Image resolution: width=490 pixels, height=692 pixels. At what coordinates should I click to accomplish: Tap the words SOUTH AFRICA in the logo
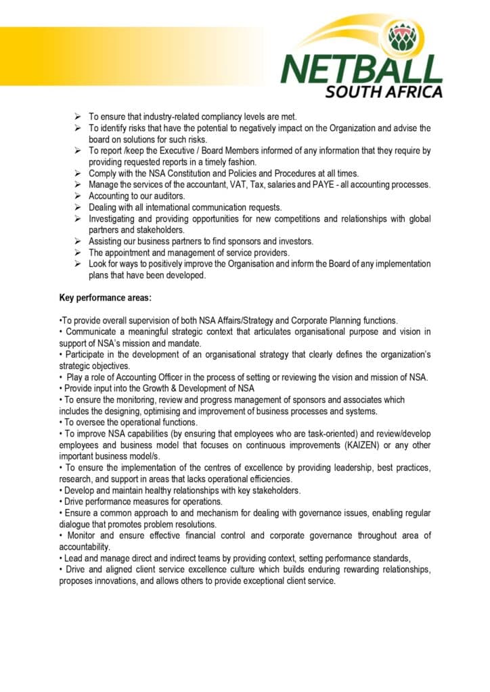click(384, 91)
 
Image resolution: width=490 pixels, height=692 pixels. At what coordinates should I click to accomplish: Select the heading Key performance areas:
click(105, 298)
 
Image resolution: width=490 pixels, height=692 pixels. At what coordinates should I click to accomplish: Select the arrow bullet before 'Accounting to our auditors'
click(79, 196)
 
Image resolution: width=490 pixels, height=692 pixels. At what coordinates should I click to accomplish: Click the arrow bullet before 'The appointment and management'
click(79, 253)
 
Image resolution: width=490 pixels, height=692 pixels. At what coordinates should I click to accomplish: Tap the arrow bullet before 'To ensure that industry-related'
click(79, 116)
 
